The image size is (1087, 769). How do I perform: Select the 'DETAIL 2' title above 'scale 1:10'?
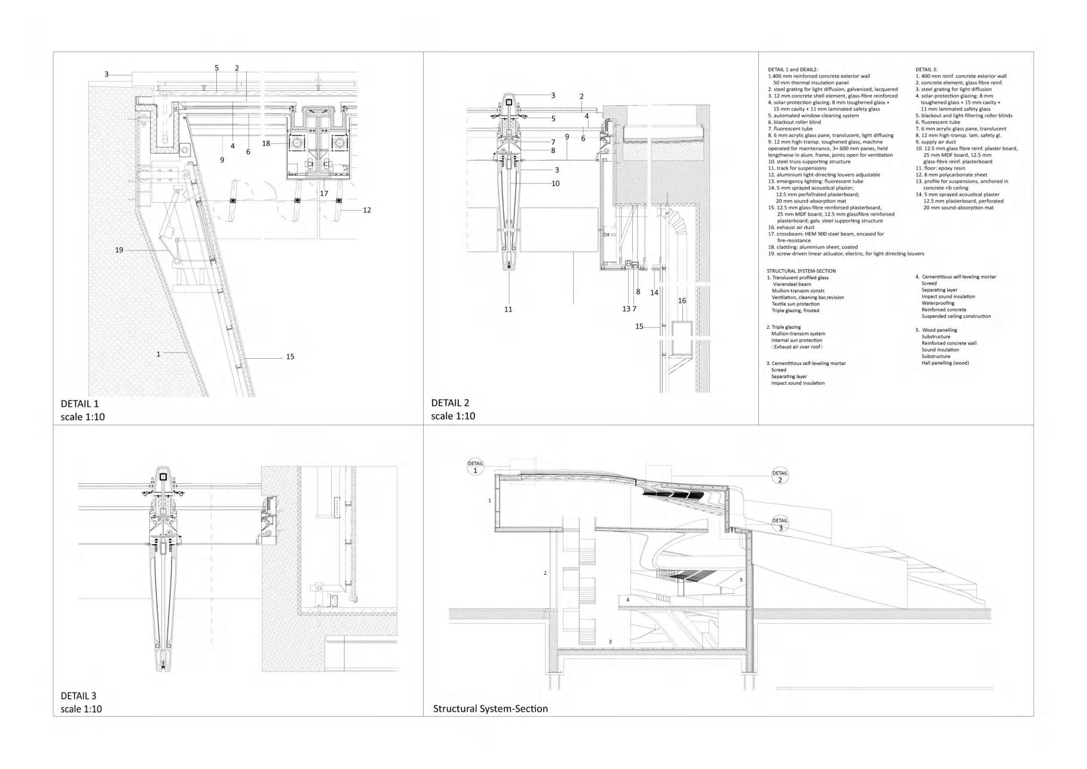click(x=450, y=402)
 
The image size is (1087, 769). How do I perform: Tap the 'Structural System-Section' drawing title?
click(x=490, y=709)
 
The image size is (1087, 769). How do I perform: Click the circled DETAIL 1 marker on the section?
click(x=476, y=467)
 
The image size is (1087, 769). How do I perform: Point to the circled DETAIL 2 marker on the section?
click(x=780, y=477)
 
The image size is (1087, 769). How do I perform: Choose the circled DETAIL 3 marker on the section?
click(x=780, y=524)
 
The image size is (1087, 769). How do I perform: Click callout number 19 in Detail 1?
click(x=119, y=250)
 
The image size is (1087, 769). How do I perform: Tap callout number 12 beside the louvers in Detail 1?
click(x=367, y=210)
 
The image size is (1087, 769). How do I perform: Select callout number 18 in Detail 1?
click(x=266, y=144)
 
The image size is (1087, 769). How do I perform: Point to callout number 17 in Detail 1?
click(x=324, y=194)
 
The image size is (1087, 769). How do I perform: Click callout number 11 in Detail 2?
click(x=508, y=309)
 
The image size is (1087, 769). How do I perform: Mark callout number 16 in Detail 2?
click(x=682, y=301)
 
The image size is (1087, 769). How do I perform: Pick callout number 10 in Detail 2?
click(x=555, y=184)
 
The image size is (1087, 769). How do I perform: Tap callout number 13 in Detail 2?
click(x=626, y=309)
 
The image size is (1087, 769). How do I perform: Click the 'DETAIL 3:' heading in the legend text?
click(x=926, y=69)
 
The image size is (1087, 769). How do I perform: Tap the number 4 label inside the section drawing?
click(x=627, y=599)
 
